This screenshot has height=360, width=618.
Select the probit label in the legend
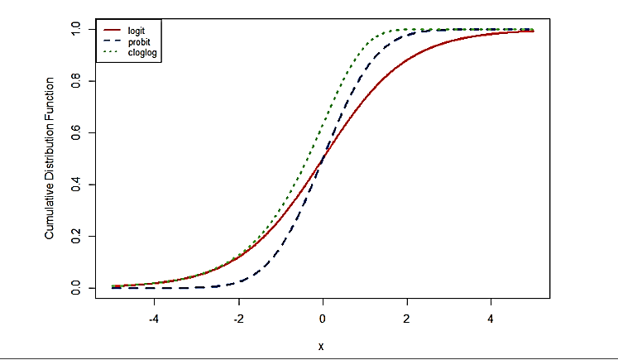tap(138, 41)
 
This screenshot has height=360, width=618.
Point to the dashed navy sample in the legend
tap(111, 41)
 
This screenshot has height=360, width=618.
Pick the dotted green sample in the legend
tap(111, 52)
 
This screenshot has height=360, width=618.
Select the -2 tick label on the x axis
tap(238, 319)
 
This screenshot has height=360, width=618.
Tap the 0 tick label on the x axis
tap(323, 319)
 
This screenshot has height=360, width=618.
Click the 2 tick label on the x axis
tap(407, 319)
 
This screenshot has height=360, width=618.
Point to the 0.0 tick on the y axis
tap(77, 287)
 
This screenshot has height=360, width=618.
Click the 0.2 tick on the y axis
tap(77, 236)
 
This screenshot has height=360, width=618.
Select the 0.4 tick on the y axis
tap(77, 184)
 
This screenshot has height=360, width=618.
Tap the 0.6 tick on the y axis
tap(77, 132)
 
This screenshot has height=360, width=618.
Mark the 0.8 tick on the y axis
tap(77, 80)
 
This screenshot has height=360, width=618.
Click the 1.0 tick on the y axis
tap(77, 29)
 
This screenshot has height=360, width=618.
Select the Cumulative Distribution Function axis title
tap(50, 159)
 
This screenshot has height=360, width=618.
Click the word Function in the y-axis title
tap(50, 101)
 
